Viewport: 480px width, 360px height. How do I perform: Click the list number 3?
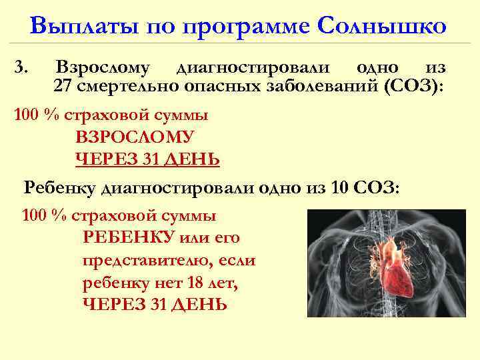pyautogui.click(x=21, y=67)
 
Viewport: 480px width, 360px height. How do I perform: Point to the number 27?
pyautogui.click(x=64, y=87)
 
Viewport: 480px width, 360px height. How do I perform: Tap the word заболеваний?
pyautogui.click(x=319, y=87)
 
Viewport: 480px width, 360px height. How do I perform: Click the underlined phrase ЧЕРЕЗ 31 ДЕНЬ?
pyautogui.click(x=147, y=159)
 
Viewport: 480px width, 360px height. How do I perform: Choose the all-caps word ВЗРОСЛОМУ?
pyautogui.click(x=135, y=137)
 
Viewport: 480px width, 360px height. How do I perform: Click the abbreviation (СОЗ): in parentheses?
pyautogui.click(x=411, y=87)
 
